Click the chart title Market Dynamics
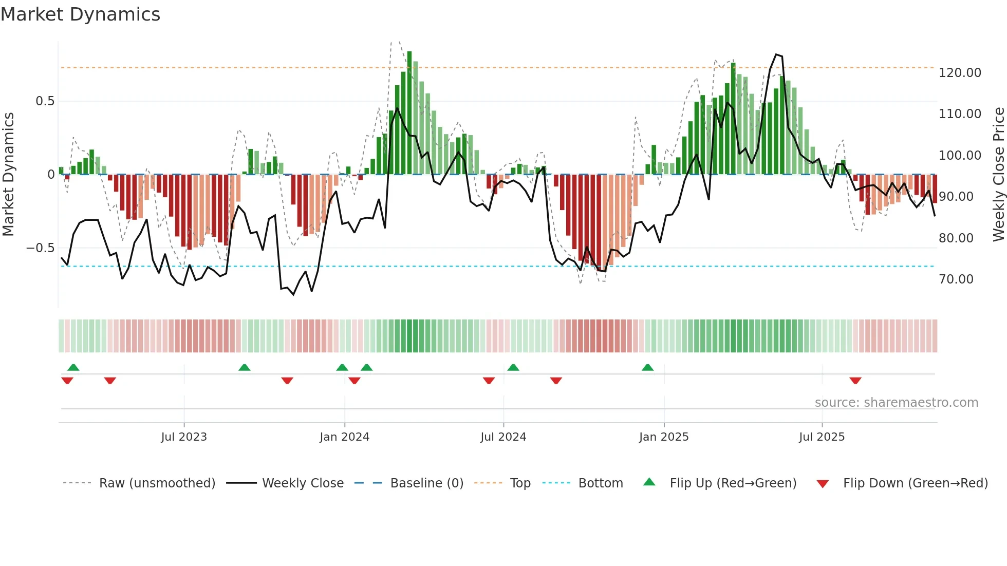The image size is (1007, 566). tap(80, 14)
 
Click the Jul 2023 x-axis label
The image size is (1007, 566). tap(184, 437)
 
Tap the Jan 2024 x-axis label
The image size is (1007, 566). tap(344, 437)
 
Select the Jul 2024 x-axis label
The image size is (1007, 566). tap(503, 437)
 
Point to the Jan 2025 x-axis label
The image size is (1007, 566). tap(664, 437)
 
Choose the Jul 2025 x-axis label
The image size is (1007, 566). tap(822, 437)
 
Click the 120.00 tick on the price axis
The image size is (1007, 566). tap(960, 73)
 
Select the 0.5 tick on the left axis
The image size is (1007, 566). tap(45, 101)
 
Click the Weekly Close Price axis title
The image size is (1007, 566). tap(998, 174)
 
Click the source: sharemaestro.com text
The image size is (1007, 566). tap(896, 403)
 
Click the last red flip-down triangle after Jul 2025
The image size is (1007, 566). tap(855, 381)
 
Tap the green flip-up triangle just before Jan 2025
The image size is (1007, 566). tap(647, 368)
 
